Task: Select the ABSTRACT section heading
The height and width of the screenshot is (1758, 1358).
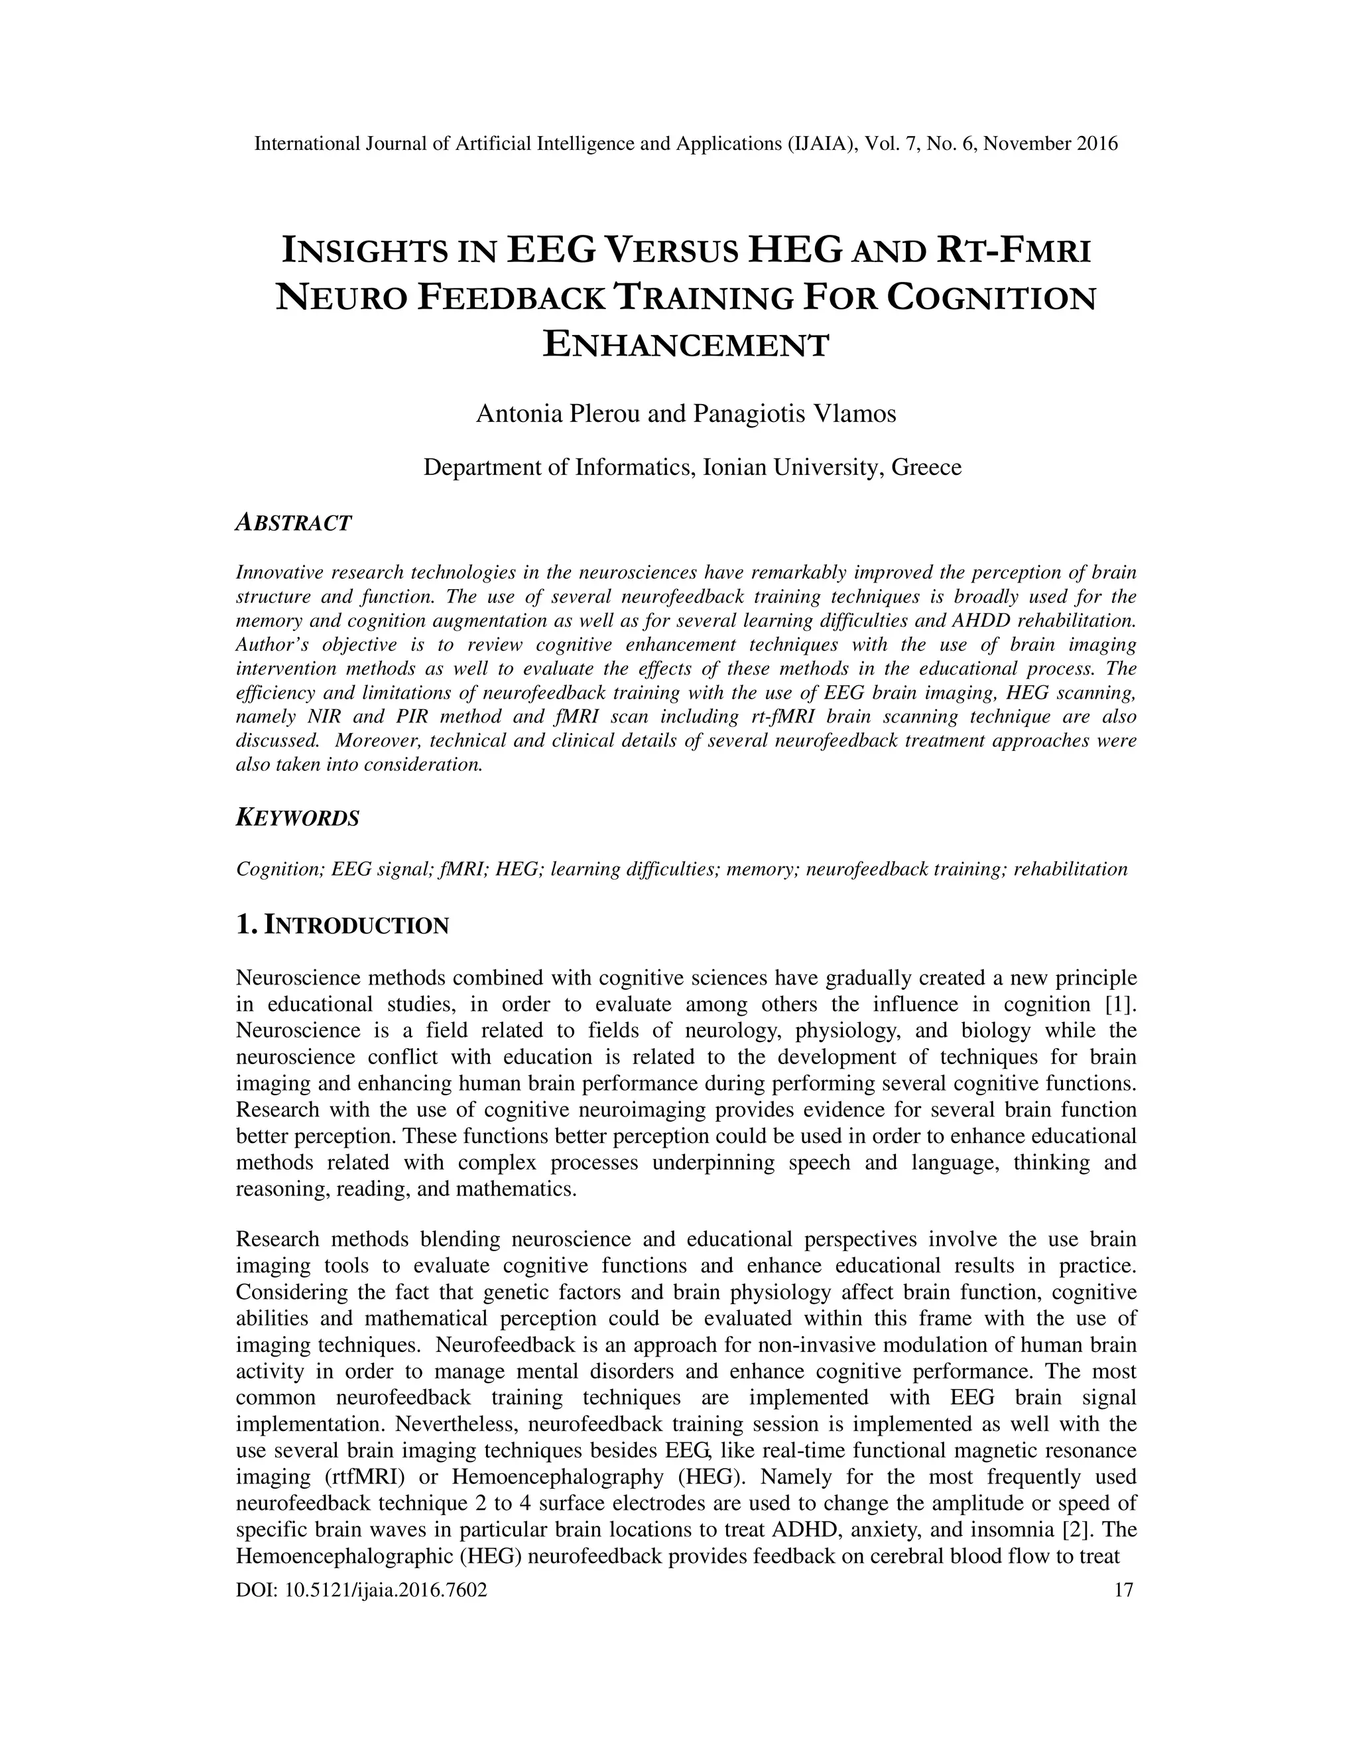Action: tap(294, 523)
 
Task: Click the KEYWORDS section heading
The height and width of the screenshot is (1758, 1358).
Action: tap(298, 819)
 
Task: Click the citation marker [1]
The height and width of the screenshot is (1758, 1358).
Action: tap(1120, 1004)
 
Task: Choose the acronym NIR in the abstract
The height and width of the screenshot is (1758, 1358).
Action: tap(325, 716)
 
